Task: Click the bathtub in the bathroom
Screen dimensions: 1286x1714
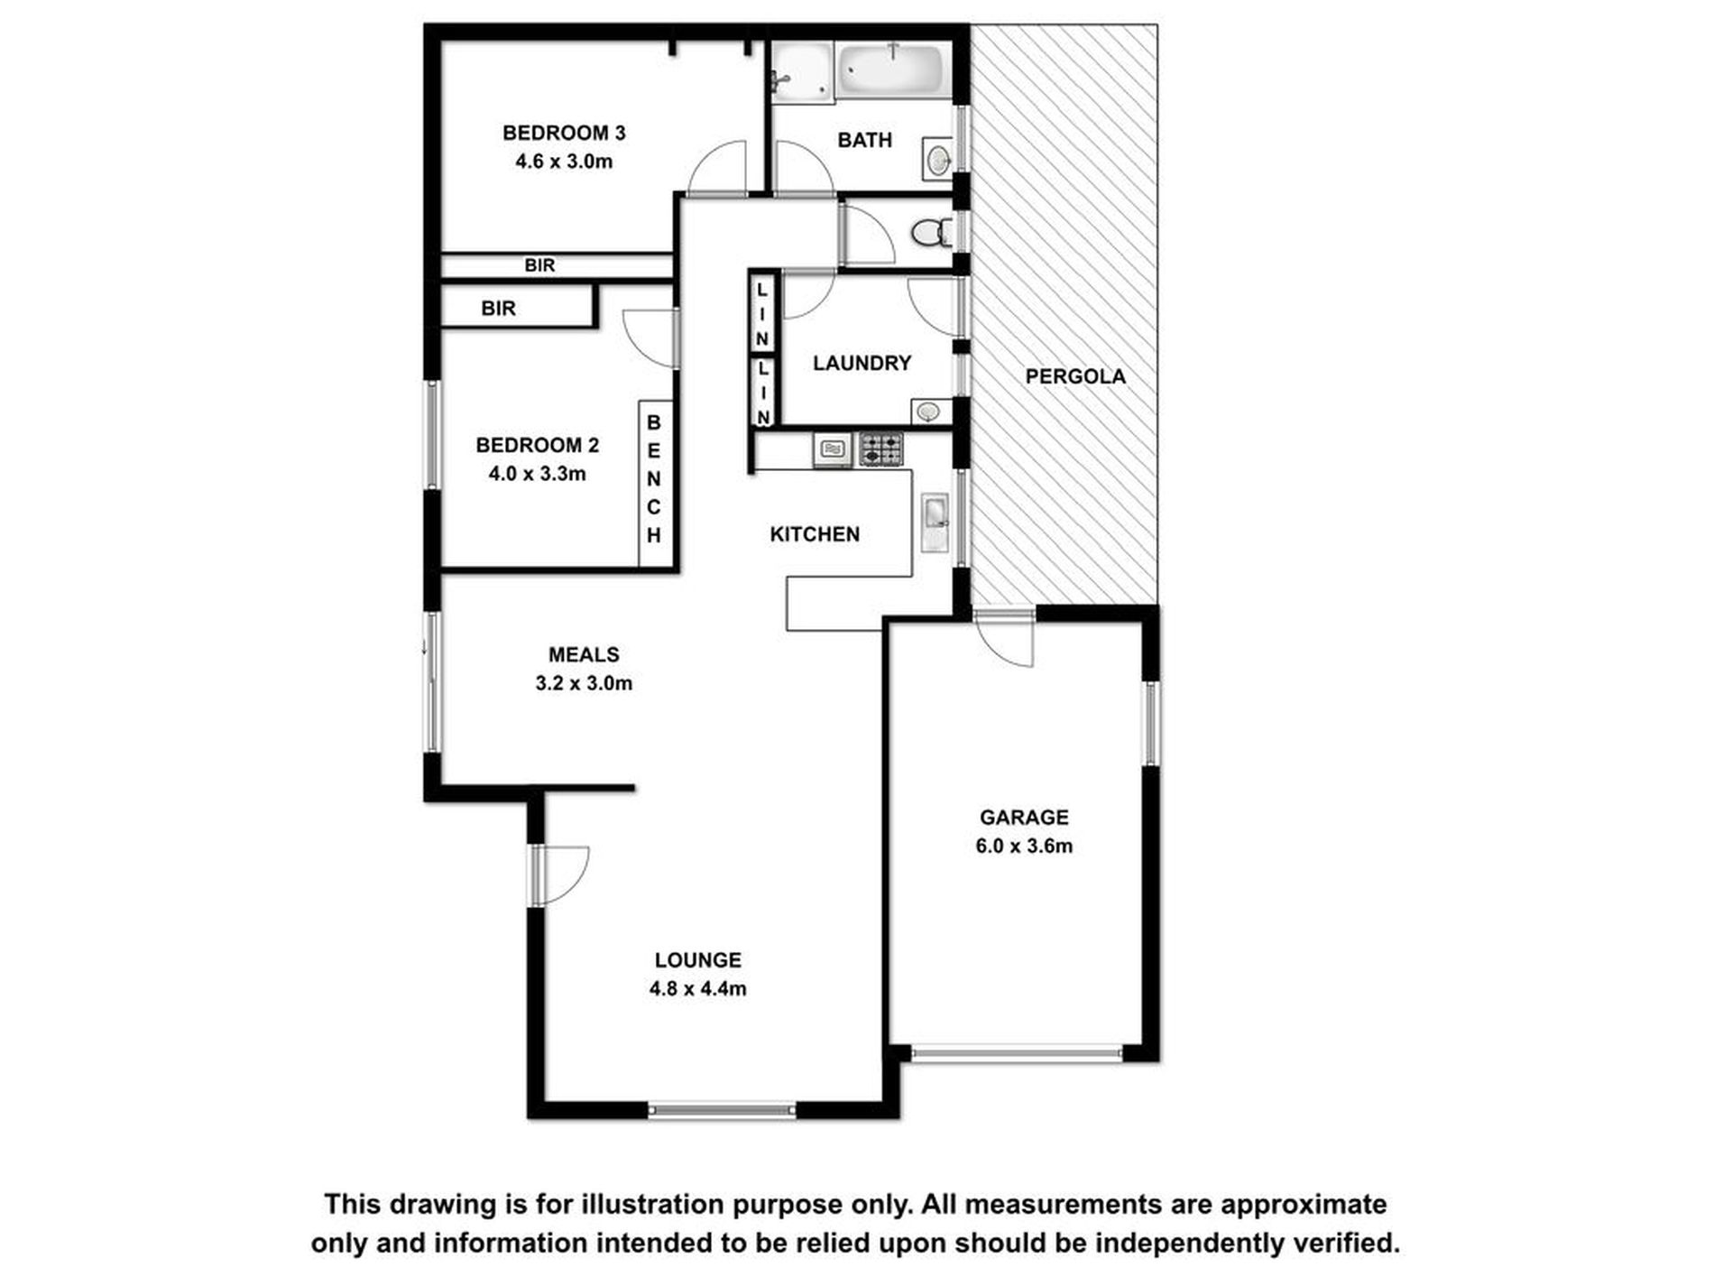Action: coord(891,69)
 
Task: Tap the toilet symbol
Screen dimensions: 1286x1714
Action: coord(929,234)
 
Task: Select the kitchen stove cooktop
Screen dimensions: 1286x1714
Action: coord(881,449)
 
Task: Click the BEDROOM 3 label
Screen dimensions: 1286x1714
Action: coord(564,134)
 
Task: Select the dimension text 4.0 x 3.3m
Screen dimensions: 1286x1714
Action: coord(537,474)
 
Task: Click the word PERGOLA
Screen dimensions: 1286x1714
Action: coord(1074,377)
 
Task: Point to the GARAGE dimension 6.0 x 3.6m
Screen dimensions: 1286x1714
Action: coord(1024,847)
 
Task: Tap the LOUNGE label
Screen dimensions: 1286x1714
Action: coord(697,960)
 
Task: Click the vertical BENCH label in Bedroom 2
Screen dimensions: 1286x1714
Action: coord(654,479)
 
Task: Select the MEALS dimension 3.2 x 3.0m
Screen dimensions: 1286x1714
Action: coord(584,683)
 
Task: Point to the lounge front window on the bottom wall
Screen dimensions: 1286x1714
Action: coord(722,1110)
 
